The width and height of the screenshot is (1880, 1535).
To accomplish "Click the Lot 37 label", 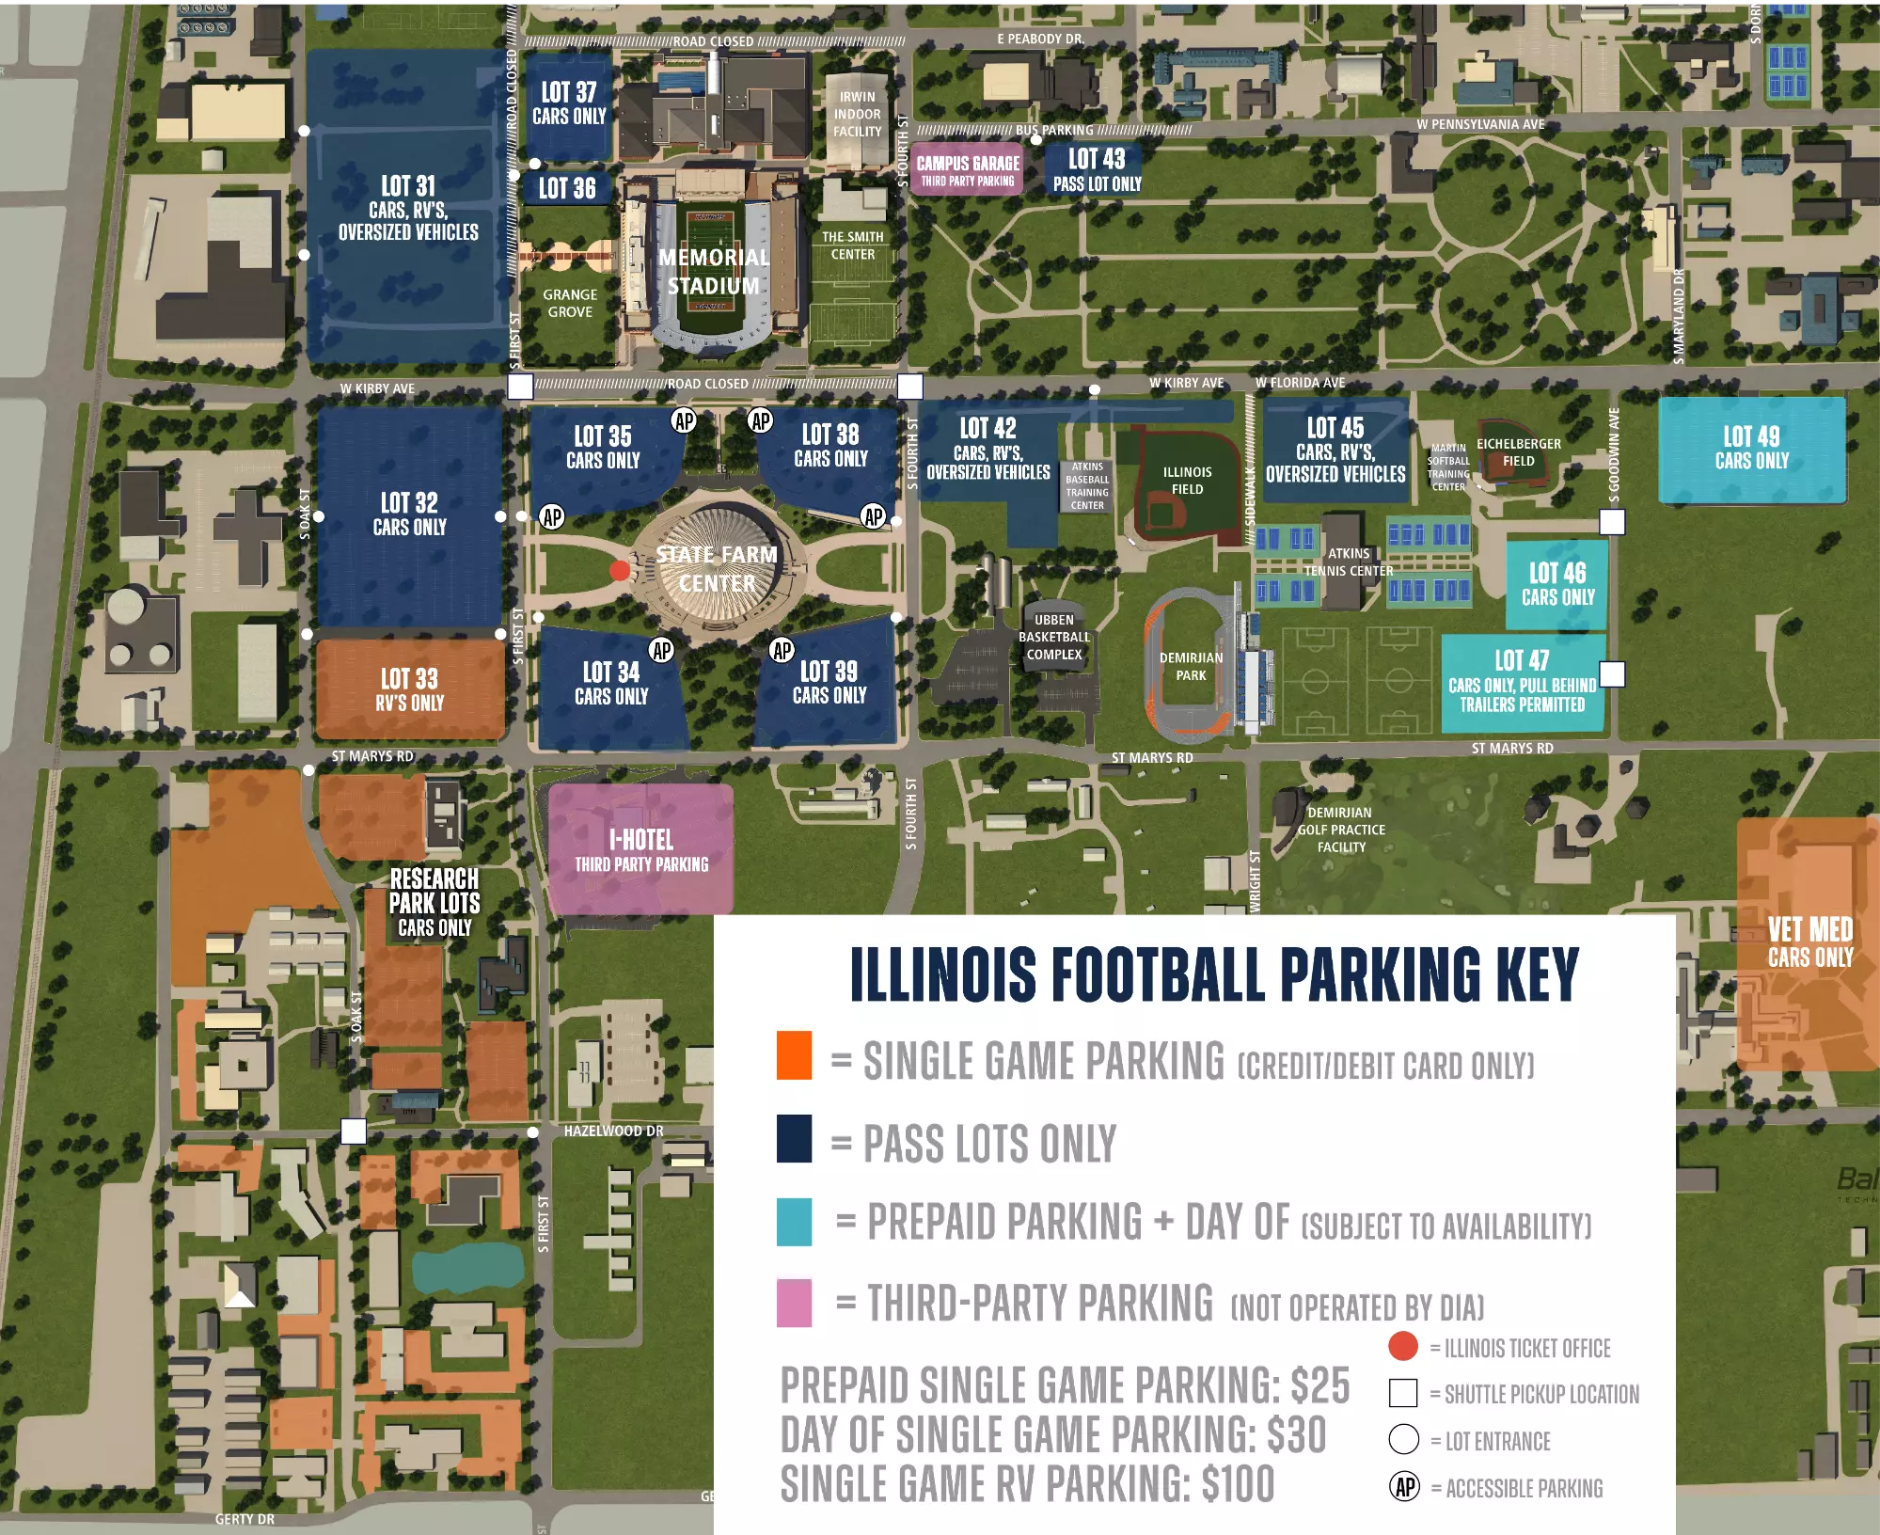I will pos(568,103).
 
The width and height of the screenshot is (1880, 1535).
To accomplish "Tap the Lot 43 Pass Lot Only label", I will pos(1097,169).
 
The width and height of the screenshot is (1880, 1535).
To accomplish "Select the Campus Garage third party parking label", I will pos(968,170).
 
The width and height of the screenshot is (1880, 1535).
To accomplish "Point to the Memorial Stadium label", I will pos(713,271).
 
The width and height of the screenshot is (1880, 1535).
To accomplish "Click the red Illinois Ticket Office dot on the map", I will pos(619,570).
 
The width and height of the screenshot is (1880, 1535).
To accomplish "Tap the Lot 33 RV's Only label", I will pos(409,689).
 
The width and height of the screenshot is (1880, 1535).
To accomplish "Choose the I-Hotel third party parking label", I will pos(641,850).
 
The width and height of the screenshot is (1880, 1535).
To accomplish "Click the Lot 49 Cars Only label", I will pos(1751,448).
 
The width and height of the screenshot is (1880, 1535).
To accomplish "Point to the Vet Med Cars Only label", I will pos(1809,942).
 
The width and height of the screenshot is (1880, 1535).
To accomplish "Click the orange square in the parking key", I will pos(794,1054).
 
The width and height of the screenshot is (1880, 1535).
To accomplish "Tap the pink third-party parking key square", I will pos(794,1303).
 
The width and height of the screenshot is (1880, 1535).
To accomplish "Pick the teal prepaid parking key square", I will pos(794,1221).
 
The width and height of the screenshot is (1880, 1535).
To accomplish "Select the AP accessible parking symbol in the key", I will pos(1404,1487).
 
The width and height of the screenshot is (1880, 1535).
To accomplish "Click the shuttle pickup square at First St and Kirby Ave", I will pos(519,386).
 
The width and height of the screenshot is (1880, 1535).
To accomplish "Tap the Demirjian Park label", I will pos(1191,666).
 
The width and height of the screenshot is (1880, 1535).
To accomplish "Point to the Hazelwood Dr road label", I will pos(613,1131).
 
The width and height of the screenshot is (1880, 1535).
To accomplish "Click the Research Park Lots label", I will pos(434,902).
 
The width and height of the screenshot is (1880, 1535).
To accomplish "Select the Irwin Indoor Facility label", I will pos(857,114).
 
